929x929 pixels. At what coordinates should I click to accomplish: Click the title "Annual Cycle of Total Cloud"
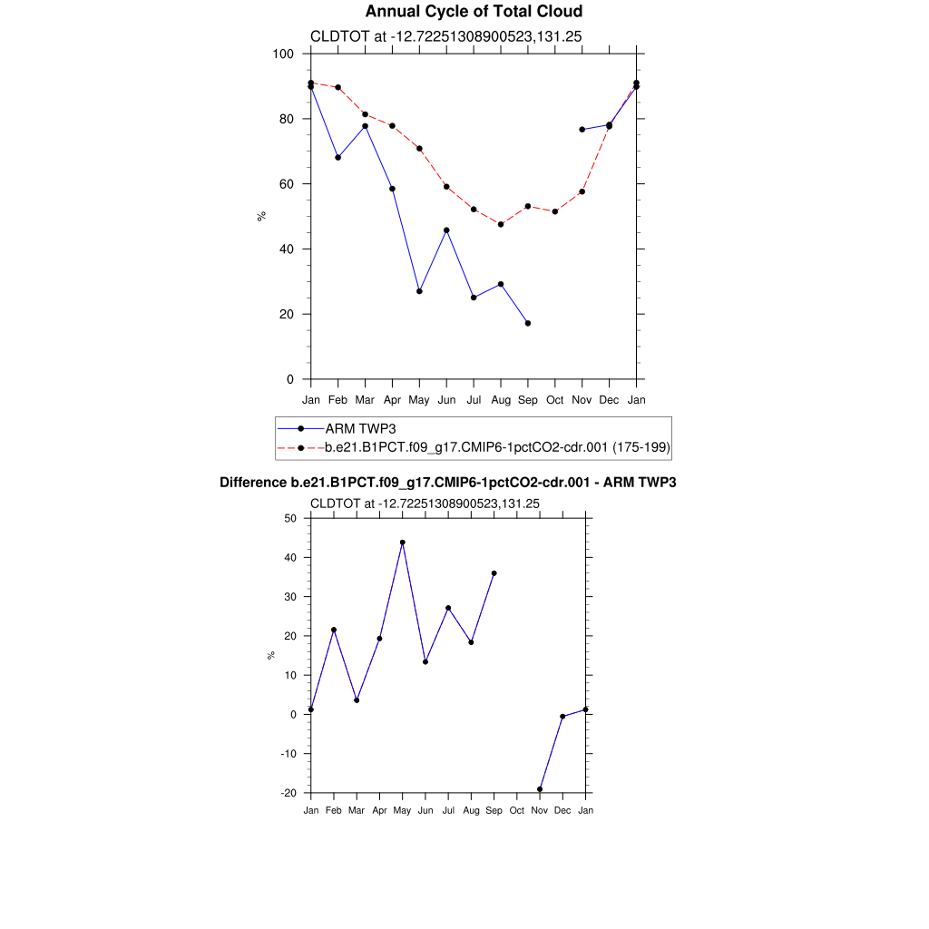pos(474,12)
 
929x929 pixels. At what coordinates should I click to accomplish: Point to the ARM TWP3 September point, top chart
pos(528,323)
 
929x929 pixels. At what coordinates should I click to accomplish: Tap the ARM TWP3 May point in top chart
pos(419,291)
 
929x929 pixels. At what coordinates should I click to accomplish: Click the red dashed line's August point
pos(501,224)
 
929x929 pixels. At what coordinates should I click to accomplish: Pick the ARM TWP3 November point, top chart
pos(582,130)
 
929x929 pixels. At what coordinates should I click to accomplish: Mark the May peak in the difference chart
pos(403,543)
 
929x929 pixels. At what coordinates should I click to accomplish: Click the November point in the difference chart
pos(540,789)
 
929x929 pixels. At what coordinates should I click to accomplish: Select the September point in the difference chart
pos(494,573)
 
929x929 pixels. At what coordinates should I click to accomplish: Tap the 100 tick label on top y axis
pos(283,54)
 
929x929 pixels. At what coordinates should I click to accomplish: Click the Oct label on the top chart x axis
pos(555,400)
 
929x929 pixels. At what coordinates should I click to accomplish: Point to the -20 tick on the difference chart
pos(288,793)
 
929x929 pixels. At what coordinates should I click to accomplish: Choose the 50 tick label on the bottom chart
pos(290,518)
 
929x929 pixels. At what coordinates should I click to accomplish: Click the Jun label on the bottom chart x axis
pos(425,810)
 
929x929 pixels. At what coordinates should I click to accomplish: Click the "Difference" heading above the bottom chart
pos(448,483)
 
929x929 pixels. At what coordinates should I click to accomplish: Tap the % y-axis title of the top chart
pos(261,216)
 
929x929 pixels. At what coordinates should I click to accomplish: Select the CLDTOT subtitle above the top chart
pos(445,36)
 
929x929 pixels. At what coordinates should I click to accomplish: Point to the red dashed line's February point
pos(338,88)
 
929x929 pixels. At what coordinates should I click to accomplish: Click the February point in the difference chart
pos(334,630)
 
